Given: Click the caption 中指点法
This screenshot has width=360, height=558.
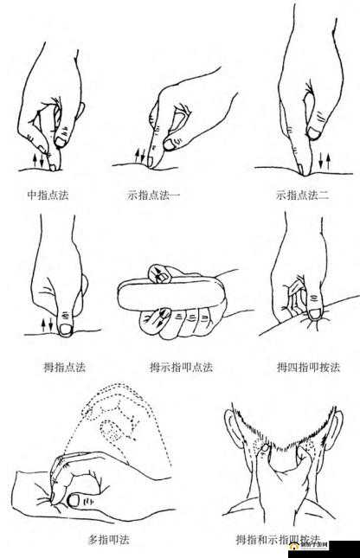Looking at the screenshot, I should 48,195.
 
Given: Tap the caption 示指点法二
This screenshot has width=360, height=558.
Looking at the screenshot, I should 302,195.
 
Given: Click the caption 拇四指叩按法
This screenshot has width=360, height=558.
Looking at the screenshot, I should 308,366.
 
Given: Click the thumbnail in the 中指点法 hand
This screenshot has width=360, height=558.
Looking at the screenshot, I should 62,138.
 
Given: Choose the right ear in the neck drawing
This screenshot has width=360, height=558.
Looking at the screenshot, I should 334,433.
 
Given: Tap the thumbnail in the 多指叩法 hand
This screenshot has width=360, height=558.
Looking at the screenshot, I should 75,499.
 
